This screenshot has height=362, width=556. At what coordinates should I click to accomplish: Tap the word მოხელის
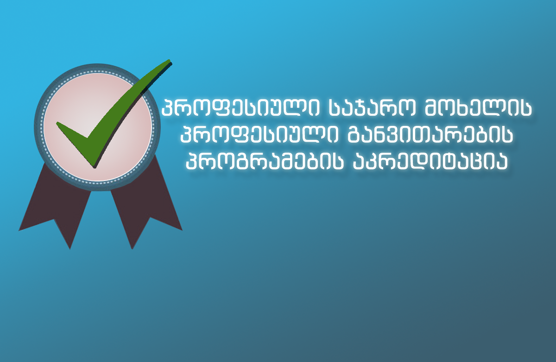click(x=478, y=108)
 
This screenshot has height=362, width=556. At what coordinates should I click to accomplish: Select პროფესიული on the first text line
click(x=240, y=108)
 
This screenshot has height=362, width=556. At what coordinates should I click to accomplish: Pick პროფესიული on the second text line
click(x=259, y=135)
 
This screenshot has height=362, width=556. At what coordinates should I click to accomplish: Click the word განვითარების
click(x=430, y=135)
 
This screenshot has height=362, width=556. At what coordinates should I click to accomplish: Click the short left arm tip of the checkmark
click(x=57, y=123)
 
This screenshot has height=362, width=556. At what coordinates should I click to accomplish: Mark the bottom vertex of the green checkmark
click(x=94, y=167)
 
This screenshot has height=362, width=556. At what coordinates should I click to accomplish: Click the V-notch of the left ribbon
click(x=54, y=219)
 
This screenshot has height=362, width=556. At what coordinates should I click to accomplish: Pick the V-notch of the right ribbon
click(x=150, y=217)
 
